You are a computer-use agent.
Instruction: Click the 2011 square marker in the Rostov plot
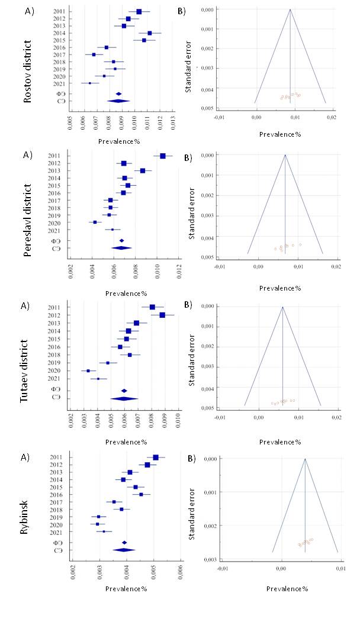click(139, 11)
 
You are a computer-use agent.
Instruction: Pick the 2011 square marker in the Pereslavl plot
click(163, 156)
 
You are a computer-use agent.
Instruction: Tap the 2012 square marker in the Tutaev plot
click(162, 315)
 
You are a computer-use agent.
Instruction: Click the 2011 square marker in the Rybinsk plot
click(156, 457)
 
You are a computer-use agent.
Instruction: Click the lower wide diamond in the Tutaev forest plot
click(124, 398)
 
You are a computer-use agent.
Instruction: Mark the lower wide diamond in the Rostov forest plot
click(118, 101)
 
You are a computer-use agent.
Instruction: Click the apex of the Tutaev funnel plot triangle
click(283, 307)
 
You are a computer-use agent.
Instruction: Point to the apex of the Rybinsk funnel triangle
click(305, 459)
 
